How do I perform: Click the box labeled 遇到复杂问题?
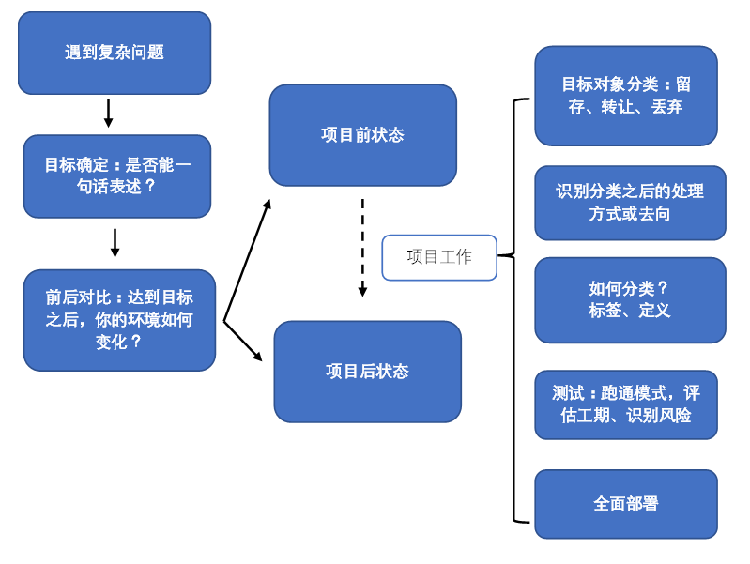click(x=115, y=53)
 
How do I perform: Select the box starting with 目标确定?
click(x=117, y=175)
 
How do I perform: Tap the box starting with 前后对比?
click(x=119, y=320)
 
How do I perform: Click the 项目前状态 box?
click(x=362, y=135)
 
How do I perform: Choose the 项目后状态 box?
click(x=367, y=372)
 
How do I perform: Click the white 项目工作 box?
click(x=439, y=257)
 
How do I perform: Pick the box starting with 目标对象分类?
click(x=626, y=96)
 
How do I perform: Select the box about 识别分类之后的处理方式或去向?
click(x=630, y=203)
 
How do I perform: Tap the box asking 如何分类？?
click(x=630, y=300)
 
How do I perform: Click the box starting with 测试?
click(x=626, y=404)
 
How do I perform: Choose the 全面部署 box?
click(x=626, y=504)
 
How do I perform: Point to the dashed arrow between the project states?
click(x=362, y=246)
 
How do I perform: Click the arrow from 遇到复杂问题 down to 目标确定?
click(x=108, y=114)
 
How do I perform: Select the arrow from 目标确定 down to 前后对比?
click(x=115, y=243)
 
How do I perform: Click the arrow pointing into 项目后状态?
click(x=244, y=343)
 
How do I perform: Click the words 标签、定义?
click(x=630, y=311)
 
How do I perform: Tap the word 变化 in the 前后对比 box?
click(x=112, y=343)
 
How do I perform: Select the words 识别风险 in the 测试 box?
click(x=659, y=416)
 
